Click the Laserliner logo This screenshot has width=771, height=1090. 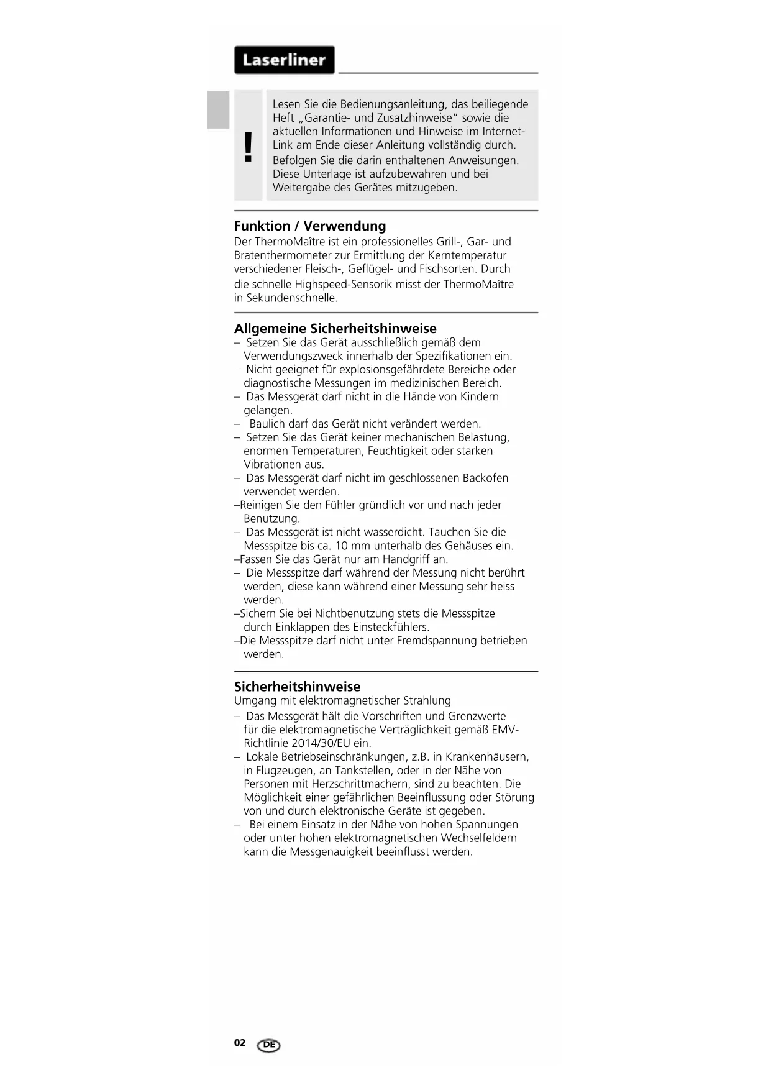coord(284,60)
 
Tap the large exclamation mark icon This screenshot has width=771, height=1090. coord(249,147)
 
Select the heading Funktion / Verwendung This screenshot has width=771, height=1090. coord(310,226)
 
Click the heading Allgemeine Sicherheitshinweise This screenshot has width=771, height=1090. coord(335,329)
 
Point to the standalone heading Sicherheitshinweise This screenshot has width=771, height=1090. coord(297,687)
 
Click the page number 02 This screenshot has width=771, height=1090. coord(240,1043)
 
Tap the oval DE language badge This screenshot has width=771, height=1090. coord(268,1045)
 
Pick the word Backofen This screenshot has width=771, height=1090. coord(485,478)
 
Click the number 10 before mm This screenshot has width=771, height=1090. coord(342,546)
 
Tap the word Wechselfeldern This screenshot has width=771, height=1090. coord(478,838)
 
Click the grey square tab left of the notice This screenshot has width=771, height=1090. coord(218,110)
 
